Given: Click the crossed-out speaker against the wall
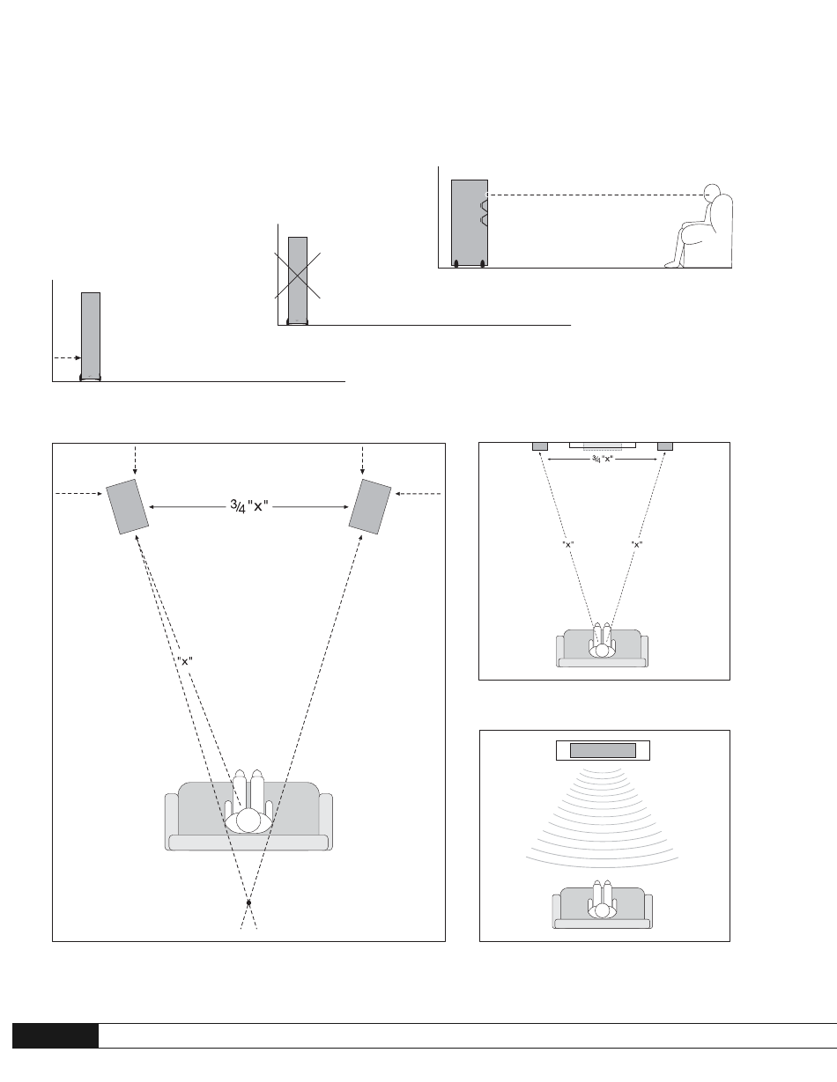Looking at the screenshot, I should pyautogui.click(x=298, y=278).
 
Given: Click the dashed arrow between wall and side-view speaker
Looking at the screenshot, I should pyautogui.click(x=66, y=357).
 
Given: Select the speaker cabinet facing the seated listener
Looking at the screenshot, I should pyautogui.click(x=469, y=222).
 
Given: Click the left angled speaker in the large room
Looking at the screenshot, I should pyautogui.click(x=128, y=507).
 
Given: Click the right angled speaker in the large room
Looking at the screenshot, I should pyautogui.click(x=370, y=507).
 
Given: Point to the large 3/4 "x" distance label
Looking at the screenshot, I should pyautogui.click(x=249, y=506).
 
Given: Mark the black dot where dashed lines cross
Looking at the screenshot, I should pyautogui.click(x=249, y=903).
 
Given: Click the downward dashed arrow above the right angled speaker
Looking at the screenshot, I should pyautogui.click(x=363, y=460).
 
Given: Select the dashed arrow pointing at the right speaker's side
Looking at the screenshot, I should pyautogui.click(x=418, y=495).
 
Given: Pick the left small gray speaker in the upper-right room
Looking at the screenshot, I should pyautogui.click(x=540, y=445).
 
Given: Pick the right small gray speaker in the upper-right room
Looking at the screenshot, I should pyautogui.click(x=665, y=445).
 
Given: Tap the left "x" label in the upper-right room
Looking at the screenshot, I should pyautogui.click(x=569, y=545).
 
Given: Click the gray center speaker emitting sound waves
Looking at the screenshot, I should pyautogui.click(x=603, y=750).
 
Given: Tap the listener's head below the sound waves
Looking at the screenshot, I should pyautogui.click(x=603, y=910).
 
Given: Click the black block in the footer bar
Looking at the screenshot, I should pyautogui.click(x=55, y=1035).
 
